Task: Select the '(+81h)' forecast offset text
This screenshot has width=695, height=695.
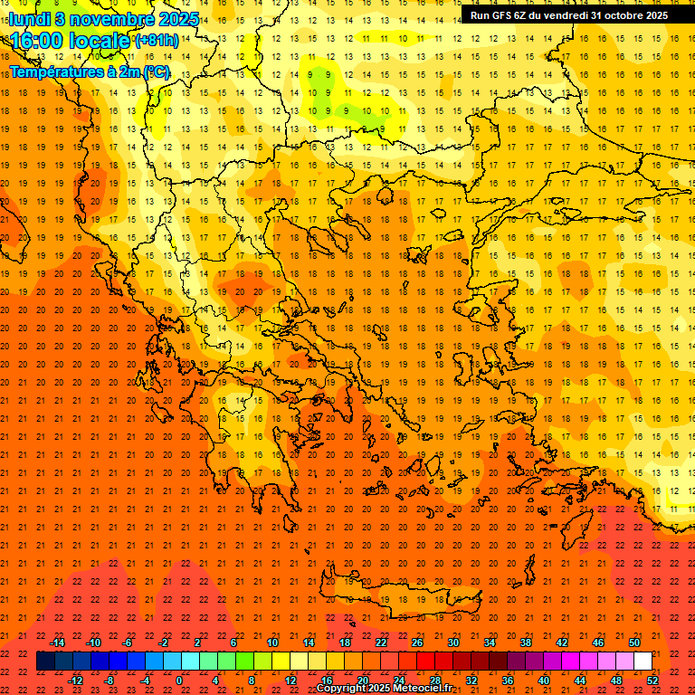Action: pos(157,42)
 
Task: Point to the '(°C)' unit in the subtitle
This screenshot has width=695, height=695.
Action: pos(156,72)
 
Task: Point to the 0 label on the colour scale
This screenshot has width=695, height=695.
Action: pos(179,681)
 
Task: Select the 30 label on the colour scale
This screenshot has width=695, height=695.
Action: pos(452,643)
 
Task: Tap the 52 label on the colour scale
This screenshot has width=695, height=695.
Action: pos(652,681)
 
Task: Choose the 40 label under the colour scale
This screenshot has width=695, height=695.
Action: pos(544,681)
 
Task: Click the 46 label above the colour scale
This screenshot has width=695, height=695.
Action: pos(597,643)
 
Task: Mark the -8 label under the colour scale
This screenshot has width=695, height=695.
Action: pos(109,681)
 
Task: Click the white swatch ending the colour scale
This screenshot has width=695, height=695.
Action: pos(643,662)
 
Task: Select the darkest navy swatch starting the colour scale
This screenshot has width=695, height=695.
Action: pos(45,662)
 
